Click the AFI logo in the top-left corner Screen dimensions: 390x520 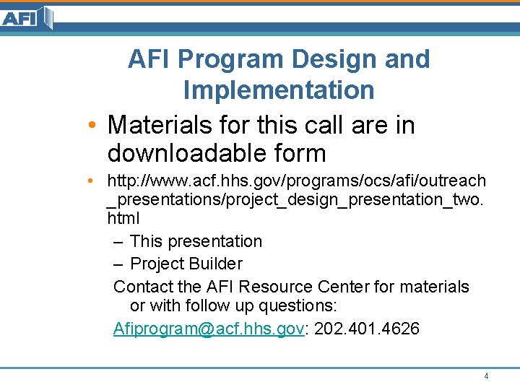[27, 17]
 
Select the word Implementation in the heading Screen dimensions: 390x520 [279, 90]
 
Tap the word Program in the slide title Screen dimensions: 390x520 [233, 59]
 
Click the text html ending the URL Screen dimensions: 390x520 [123, 217]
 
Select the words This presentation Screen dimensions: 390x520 [196, 241]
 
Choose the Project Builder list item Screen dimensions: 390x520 [186, 264]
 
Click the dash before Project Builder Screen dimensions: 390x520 [119, 264]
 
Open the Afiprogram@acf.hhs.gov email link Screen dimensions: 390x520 [209, 329]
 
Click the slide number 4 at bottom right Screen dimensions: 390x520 [486, 376]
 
